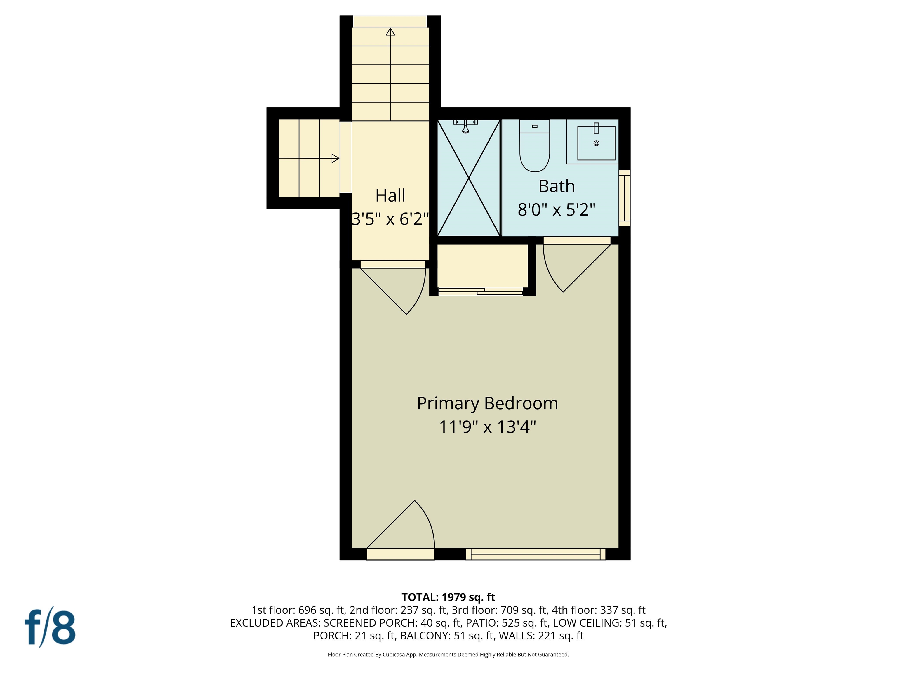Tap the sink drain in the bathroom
pyautogui.click(x=596, y=143)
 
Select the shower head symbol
pyautogui.click(x=465, y=129)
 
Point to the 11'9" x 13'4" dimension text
pyautogui.click(x=487, y=427)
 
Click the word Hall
pyautogui.click(x=390, y=195)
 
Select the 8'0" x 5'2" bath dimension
pyautogui.click(x=556, y=210)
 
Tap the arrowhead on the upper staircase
pyautogui.click(x=390, y=32)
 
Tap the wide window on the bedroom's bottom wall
pyautogui.click(x=535, y=554)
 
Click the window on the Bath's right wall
pyautogui.click(x=625, y=198)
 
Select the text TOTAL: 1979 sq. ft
pyautogui.click(x=448, y=597)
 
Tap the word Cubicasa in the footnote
pyautogui.click(x=393, y=654)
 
